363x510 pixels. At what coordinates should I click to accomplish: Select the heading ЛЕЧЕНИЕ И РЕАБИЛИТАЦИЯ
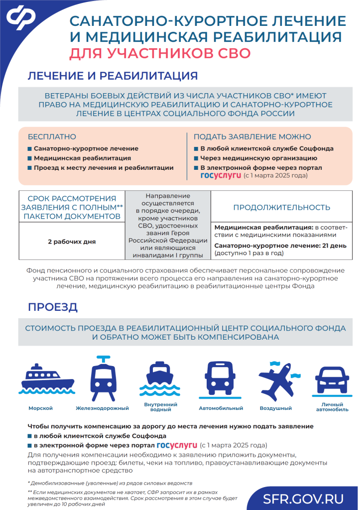(x=113, y=76)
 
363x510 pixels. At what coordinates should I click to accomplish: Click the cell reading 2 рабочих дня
(x=72, y=242)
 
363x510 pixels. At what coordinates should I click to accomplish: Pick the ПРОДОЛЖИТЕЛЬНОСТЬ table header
(x=281, y=207)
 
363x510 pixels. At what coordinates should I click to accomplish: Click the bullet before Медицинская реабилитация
(x=29, y=158)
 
